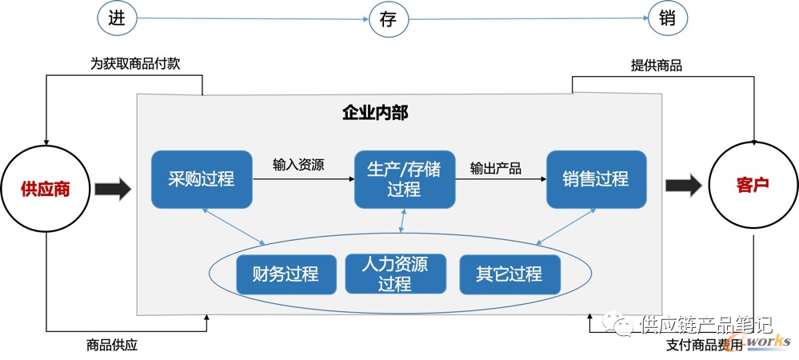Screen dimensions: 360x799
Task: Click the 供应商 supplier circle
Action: [46, 189]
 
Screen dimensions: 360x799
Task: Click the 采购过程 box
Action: [201, 178]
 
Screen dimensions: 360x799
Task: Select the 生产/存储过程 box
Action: [404, 178]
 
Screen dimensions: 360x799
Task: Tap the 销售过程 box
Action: [596, 178]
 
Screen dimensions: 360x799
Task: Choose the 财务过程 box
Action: [285, 274]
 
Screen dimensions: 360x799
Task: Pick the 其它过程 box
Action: [509, 274]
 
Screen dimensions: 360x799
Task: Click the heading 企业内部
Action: [375, 113]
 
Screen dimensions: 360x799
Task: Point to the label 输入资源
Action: [298, 166]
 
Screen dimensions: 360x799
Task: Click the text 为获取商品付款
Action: [135, 64]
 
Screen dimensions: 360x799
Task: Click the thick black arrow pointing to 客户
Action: [684, 186]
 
